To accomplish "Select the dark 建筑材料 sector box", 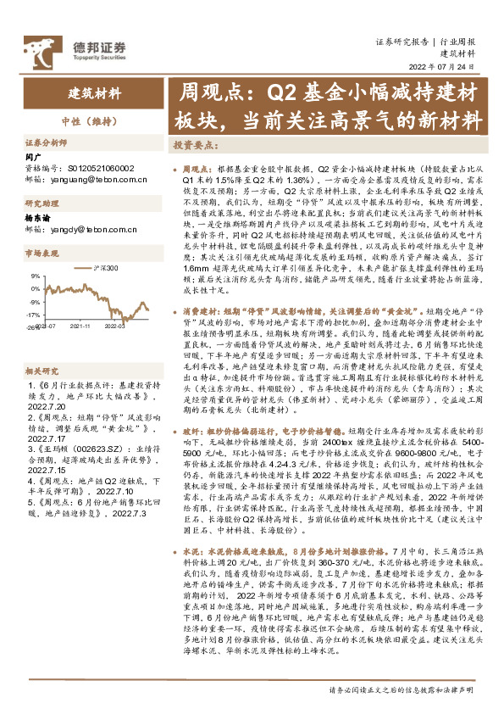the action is pos(94,93).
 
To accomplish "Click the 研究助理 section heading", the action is pos(40,204).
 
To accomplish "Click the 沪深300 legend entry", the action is pos(99,268).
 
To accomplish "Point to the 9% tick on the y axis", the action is pos(34,276).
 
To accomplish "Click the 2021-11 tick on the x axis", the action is pos(81,326).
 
